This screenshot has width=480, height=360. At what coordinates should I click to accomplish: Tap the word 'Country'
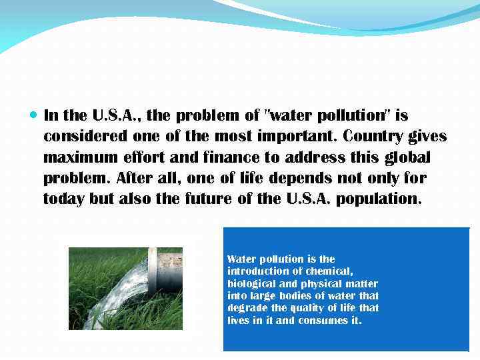[373, 137]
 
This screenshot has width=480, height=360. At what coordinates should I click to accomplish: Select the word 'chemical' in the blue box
[329, 271]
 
